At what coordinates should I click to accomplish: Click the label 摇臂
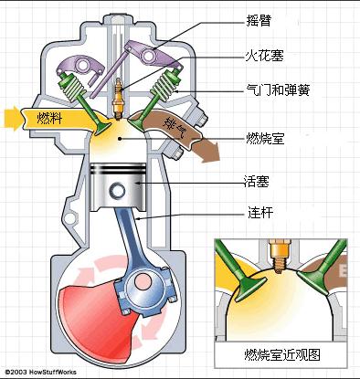pos(259,18)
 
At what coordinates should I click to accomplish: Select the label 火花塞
pos(264,55)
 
